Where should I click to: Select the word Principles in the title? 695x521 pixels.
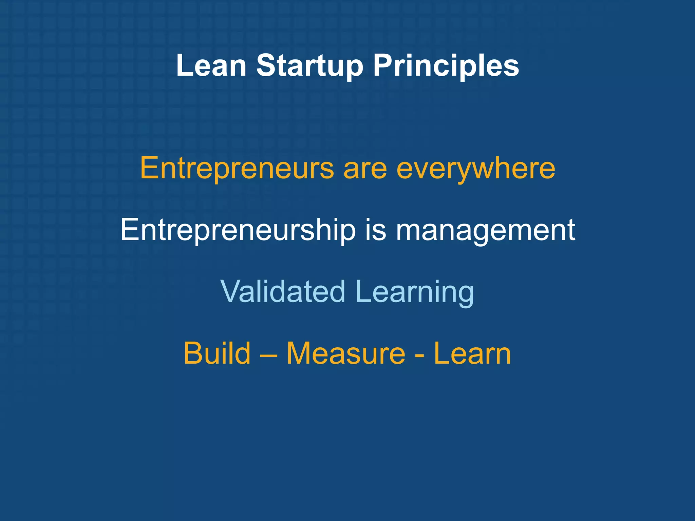pos(446,66)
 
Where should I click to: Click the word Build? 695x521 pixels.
pos(217,353)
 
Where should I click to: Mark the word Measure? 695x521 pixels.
pos(346,353)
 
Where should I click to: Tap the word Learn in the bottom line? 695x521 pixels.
pos(472,353)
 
